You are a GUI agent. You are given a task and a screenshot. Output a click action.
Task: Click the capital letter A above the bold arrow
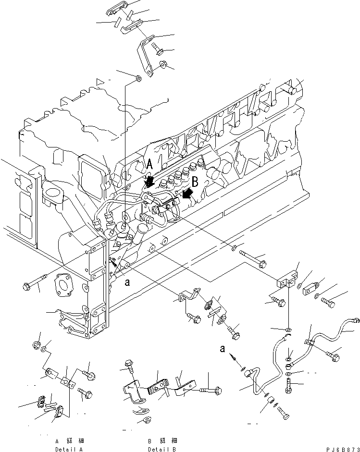tap(149, 164)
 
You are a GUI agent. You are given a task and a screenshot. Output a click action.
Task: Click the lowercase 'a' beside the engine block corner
tap(127, 283)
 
